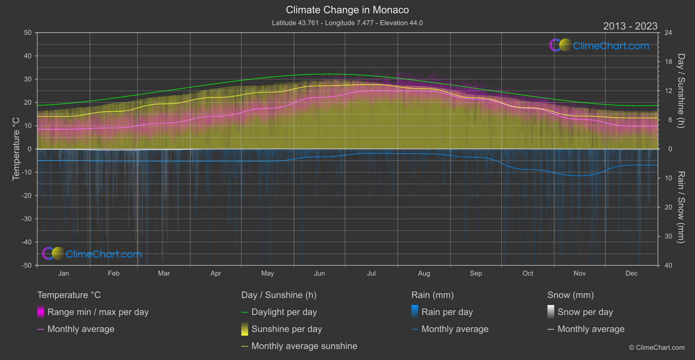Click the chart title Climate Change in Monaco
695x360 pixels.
point(347,10)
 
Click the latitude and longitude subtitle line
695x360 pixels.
point(347,23)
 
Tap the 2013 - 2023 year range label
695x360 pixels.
point(630,26)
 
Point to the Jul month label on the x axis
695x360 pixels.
point(371,273)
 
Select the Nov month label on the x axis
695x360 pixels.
point(579,273)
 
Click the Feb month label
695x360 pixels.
point(113,273)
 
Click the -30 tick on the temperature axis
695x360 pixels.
point(27,219)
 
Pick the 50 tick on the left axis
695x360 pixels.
point(28,33)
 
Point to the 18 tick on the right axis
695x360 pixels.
point(668,62)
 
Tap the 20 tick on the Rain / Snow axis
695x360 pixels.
point(668,207)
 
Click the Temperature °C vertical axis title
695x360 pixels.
point(16,149)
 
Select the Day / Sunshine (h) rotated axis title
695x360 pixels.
point(681,91)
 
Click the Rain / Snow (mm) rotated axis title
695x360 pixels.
point(681,207)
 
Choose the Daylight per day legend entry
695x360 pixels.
point(284,312)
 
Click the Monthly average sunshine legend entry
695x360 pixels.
point(304,346)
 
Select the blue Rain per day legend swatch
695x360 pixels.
point(415,312)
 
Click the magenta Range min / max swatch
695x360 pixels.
point(41,312)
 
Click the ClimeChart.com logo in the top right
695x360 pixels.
point(599,45)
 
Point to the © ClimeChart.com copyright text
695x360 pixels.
point(657,347)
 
